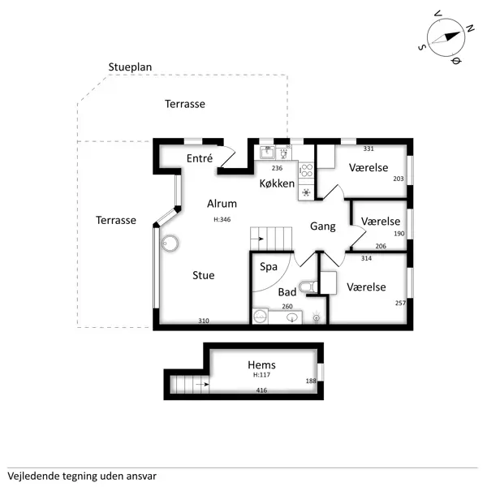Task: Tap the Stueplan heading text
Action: tap(131, 67)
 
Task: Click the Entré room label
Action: tap(200, 158)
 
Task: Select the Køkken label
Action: tap(277, 183)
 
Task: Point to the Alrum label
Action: tap(222, 205)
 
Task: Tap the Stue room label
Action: tap(204, 275)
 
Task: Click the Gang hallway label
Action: tap(323, 227)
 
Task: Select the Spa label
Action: tap(268, 266)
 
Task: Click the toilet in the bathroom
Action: tap(306, 287)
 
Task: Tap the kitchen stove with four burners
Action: tap(307, 170)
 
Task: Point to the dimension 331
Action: tap(368, 149)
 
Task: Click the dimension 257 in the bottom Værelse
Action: tap(399, 303)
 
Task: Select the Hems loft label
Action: tap(261, 365)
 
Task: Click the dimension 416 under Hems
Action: tap(261, 390)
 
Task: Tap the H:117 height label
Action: tap(261, 376)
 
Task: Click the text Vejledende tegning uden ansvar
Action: tap(81, 476)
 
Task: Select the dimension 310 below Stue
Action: tap(204, 321)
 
